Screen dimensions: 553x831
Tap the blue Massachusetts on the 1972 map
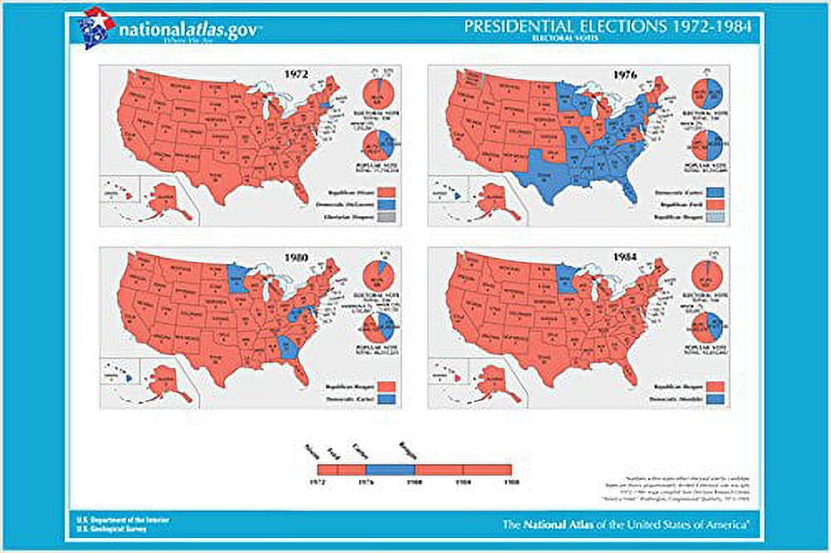coord(326,107)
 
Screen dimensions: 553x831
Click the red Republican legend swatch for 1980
coord(386,387)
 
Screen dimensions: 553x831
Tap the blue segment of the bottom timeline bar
coord(390,469)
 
